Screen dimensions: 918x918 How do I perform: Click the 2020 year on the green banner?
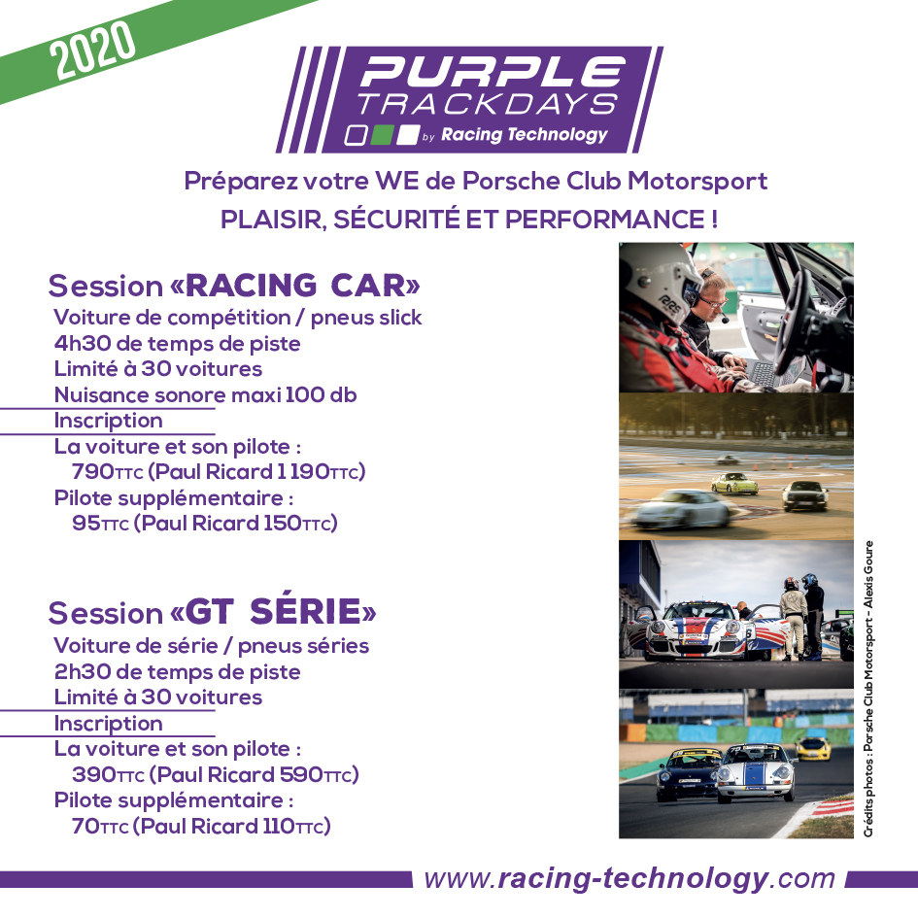point(92,50)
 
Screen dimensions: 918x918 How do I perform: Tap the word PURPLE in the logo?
point(493,72)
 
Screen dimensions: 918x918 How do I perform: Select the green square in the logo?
point(382,135)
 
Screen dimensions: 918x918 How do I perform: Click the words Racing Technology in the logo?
point(524,135)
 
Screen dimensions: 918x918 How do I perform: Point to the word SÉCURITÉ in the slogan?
point(396,220)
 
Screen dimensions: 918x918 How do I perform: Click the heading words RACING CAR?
point(303,286)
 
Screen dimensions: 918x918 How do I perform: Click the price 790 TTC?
point(107,471)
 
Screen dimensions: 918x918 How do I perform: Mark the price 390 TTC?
point(108,774)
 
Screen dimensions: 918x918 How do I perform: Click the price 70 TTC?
point(99,826)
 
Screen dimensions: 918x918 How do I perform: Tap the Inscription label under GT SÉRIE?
point(108,724)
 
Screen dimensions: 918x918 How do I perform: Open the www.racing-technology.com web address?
point(629,879)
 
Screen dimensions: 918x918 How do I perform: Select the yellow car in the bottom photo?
point(813,748)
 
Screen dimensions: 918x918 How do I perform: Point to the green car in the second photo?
point(734,483)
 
